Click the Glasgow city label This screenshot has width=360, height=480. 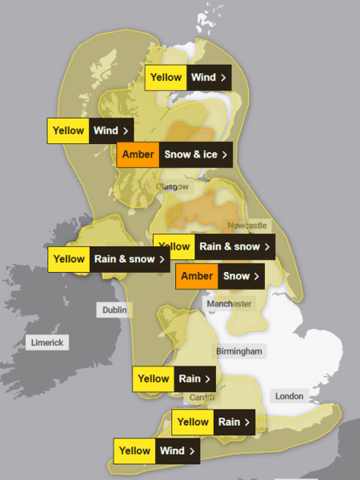point(172,186)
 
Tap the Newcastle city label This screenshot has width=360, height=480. point(247,226)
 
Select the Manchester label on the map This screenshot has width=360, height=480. point(229,304)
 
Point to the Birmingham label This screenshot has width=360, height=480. point(239,351)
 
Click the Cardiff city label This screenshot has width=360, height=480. point(202,398)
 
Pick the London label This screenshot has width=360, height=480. point(289,396)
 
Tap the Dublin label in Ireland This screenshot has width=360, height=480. point(114,310)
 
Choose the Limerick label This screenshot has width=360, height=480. point(47,342)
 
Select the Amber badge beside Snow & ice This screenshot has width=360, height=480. point(139,154)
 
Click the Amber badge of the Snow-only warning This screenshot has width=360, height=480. point(197,276)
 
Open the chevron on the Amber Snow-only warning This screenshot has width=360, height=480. point(257,276)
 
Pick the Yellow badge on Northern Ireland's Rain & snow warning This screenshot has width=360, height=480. point(69,258)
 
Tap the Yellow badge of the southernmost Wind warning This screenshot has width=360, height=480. point(135,450)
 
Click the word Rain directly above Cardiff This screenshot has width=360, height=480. point(190,378)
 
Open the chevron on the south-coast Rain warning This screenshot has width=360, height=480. point(248,422)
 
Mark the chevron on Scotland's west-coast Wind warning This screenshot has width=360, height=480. point(126,130)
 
